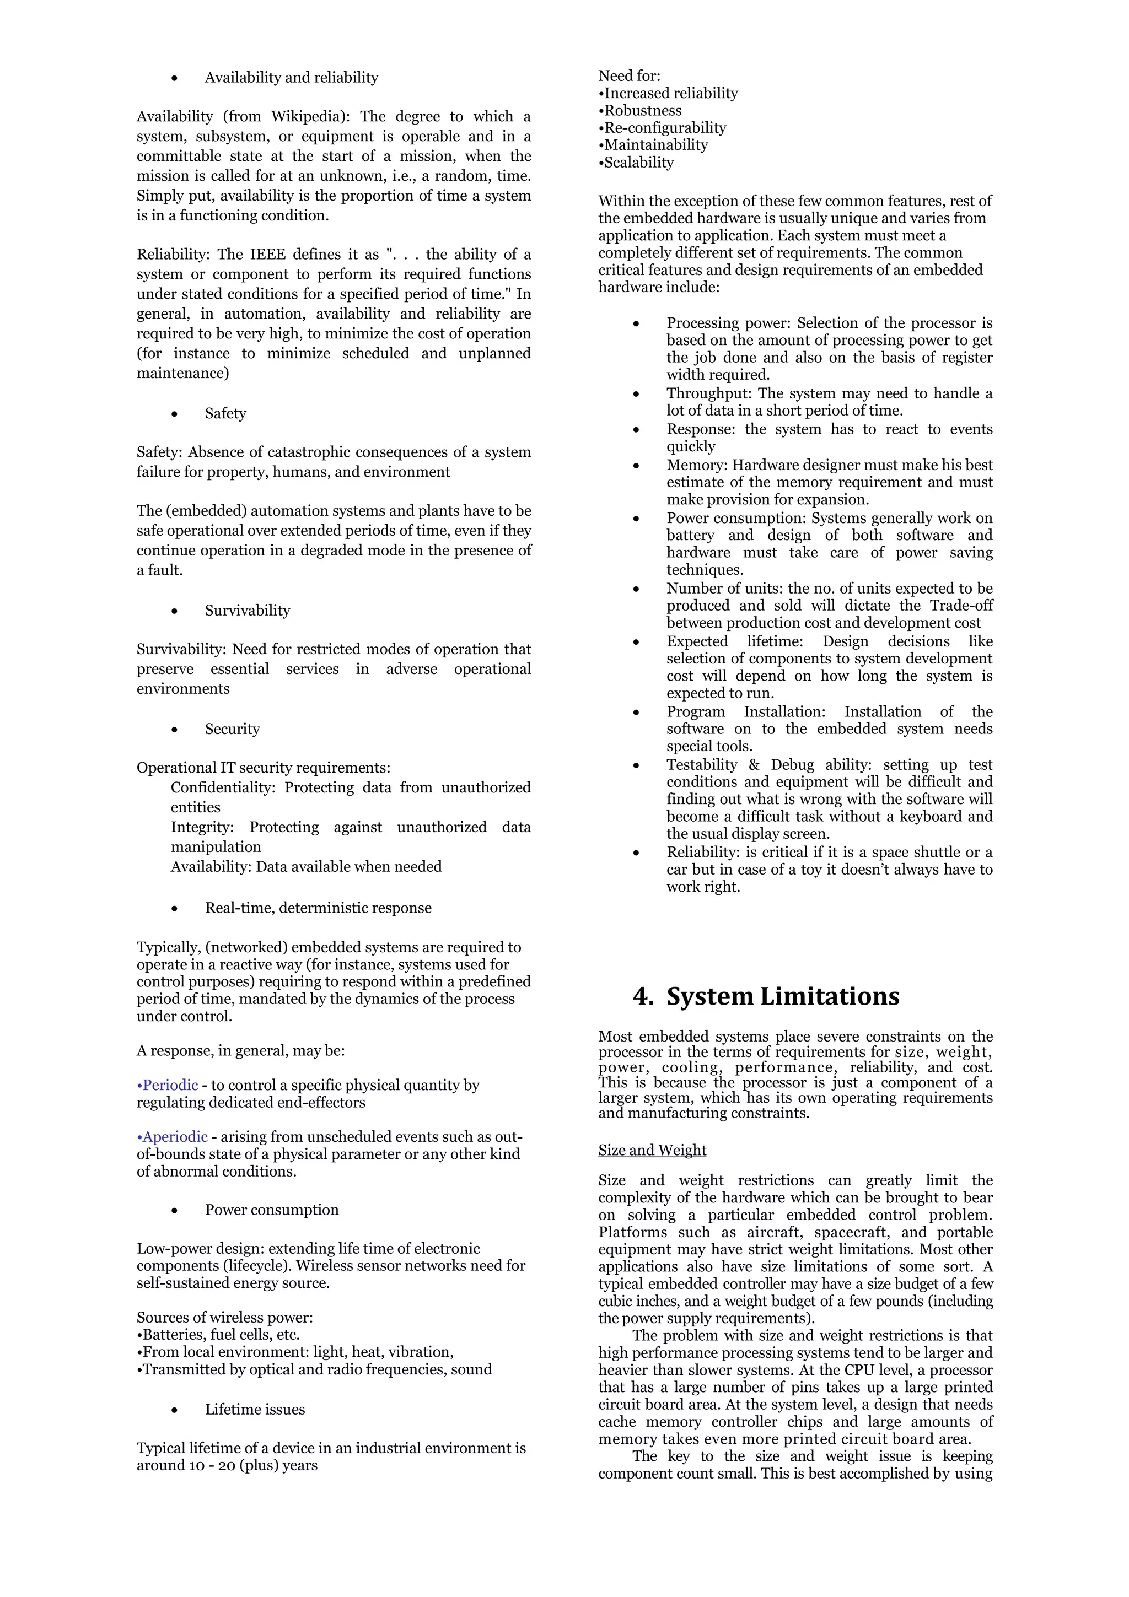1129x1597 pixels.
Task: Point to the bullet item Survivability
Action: coord(247,610)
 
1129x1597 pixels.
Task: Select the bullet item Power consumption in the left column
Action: coord(271,1210)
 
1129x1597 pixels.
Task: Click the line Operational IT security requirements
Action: coord(263,767)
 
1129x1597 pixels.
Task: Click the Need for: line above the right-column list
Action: coord(629,76)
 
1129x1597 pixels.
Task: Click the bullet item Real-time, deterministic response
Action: coord(318,908)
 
